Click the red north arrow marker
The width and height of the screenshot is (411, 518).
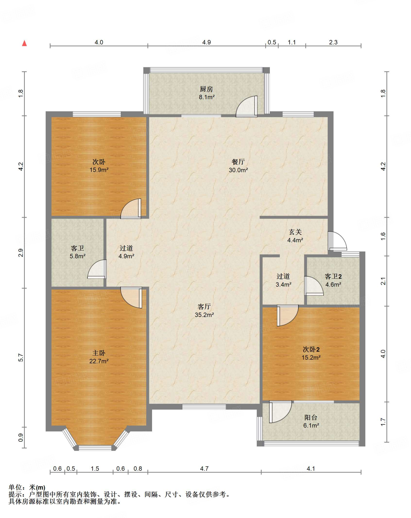[24, 43]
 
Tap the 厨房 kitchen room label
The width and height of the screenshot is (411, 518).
[206, 89]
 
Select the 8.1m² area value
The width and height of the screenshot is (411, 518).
[207, 97]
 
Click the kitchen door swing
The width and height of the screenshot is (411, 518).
[247, 106]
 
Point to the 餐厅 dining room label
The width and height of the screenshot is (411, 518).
[238, 162]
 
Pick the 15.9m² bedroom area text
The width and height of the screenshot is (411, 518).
[99, 170]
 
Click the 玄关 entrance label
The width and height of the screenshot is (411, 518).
[295, 232]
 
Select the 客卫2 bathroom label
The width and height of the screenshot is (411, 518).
[333, 276]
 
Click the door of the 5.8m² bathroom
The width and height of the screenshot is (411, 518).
[97, 269]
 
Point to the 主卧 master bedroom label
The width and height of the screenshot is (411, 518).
[99, 353]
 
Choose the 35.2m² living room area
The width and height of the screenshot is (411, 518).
[204, 315]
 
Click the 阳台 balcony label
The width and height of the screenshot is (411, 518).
[311, 418]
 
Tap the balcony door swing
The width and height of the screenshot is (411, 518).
[280, 412]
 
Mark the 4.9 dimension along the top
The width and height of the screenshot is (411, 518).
[207, 42]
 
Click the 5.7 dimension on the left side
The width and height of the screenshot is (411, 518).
[21, 358]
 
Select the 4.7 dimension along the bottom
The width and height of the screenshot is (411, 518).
[204, 469]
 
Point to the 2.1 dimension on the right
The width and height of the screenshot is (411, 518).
[383, 281]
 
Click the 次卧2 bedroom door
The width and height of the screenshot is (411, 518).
[288, 315]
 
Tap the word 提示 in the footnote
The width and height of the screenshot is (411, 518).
[15, 494]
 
